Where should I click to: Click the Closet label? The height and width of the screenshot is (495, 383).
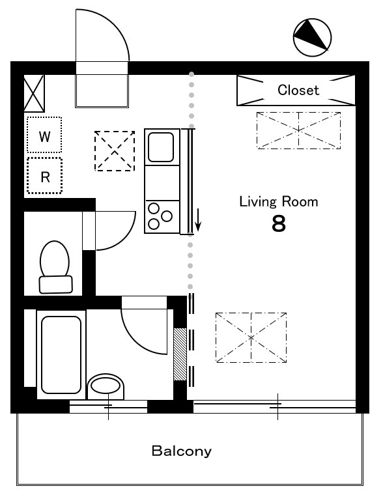pos(298,90)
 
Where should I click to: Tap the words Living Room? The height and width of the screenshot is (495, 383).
pos(279,202)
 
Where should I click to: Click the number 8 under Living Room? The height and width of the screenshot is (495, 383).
pos(279,224)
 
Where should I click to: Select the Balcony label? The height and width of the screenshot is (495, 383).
pos(182,451)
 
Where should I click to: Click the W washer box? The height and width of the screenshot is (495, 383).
pos(44,135)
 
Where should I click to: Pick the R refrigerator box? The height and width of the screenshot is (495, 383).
pos(44,175)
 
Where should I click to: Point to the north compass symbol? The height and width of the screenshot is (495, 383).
pos(312,38)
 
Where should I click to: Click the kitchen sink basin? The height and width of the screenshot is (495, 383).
pos(161,147)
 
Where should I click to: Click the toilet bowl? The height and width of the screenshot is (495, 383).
pos(55,259)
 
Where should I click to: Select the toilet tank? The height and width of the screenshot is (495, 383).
pos(55,285)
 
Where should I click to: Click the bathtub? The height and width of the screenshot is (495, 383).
pos(61,355)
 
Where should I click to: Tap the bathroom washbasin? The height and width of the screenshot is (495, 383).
pos(106,386)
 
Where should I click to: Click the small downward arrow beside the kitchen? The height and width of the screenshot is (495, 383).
pos(198,219)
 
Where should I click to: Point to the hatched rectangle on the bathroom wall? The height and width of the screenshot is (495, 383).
pos(180,354)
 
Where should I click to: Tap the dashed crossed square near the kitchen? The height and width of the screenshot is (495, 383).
pos(115,151)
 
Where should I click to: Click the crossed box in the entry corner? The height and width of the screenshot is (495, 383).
pos(34,93)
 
